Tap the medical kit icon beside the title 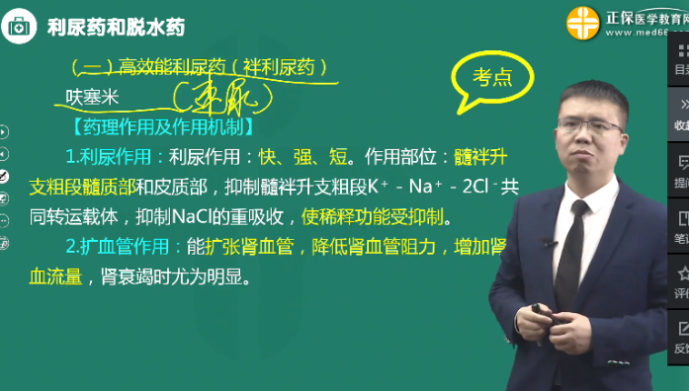point(20,27)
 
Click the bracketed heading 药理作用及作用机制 point(162,126)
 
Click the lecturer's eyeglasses point(589,125)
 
